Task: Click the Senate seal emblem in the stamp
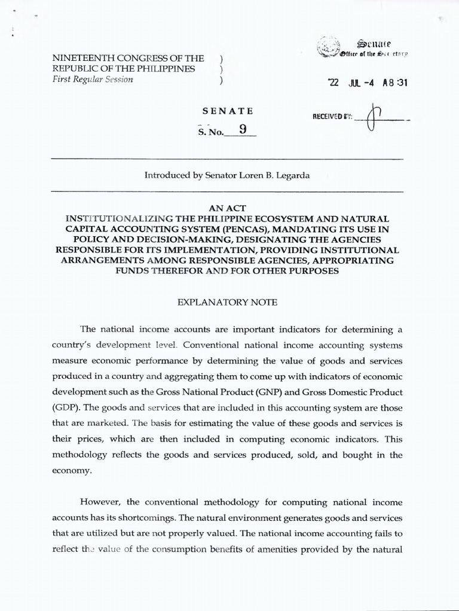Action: click(x=328, y=47)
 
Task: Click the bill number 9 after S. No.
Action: click(x=241, y=128)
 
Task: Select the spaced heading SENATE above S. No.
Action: click(x=228, y=111)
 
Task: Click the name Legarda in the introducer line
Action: click(x=291, y=175)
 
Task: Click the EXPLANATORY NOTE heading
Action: click(x=228, y=303)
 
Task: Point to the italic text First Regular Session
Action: click(x=93, y=80)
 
